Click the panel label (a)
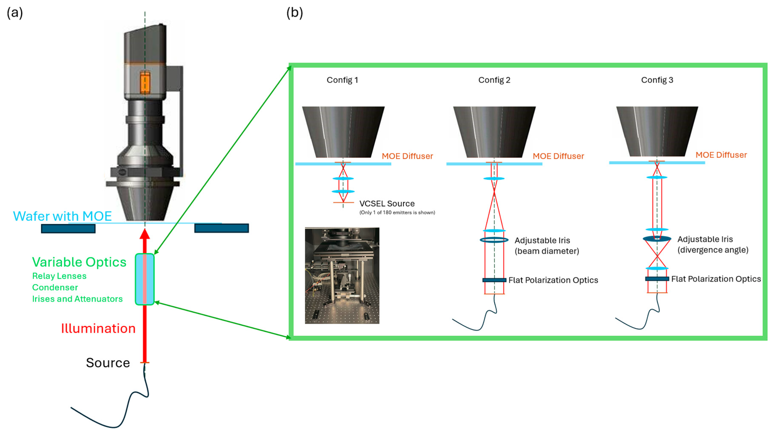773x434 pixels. point(15,13)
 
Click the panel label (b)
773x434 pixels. point(294,13)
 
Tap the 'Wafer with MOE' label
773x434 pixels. point(62,216)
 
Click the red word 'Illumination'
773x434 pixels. point(98,328)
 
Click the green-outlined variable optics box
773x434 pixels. point(145,279)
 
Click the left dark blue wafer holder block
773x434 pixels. point(68,229)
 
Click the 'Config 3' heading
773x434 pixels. point(657,80)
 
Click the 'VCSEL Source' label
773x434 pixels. point(387,204)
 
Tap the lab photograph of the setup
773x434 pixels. point(342,275)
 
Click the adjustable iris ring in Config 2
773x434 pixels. point(494,240)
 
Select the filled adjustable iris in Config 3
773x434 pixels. point(657,239)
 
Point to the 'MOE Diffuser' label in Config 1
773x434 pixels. point(407,156)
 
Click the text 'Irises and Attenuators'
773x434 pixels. point(77,299)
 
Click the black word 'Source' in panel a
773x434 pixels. point(108,363)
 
